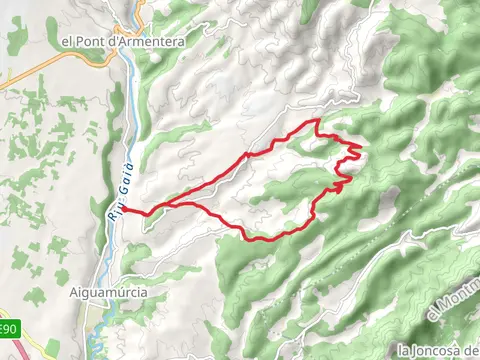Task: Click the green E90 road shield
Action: click(8, 329)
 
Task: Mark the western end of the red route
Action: click(124, 208)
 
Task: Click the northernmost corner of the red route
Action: click(317, 120)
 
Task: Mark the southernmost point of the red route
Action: click(252, 239)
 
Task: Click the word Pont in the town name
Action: click(91, 42)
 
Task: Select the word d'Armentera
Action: click(136, 42)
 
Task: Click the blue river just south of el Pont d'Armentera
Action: click(131, 75)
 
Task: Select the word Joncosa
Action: click(440, 351)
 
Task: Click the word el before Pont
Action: click(68, 42)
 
